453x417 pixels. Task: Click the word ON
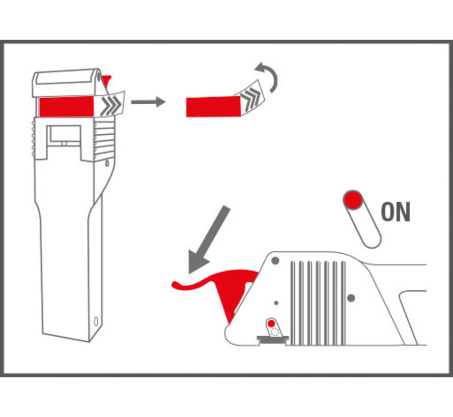[x=395, y=212]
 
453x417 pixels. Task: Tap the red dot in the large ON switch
[x=353, y=200]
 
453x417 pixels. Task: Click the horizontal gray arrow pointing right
[x=148, y=102]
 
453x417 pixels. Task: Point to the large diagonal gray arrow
[x=209, y=240]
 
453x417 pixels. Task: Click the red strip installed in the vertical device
[x=66, y=107]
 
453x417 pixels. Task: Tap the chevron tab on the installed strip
[x=110, y=104]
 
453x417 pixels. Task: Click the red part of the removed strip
[x=213, y=107]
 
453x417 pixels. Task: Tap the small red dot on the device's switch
[x=271, y=323]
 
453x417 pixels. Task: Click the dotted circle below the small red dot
[x=275, y=332]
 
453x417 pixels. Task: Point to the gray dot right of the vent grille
[x=351, y=298]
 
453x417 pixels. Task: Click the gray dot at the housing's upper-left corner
[x=275, y=261]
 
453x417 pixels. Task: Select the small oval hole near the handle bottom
[x=97, y=321]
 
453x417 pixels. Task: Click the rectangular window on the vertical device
[x=65, y=135]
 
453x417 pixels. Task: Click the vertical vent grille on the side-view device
[x=318, y=303]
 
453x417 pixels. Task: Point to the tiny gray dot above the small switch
[x=276, y=303]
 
